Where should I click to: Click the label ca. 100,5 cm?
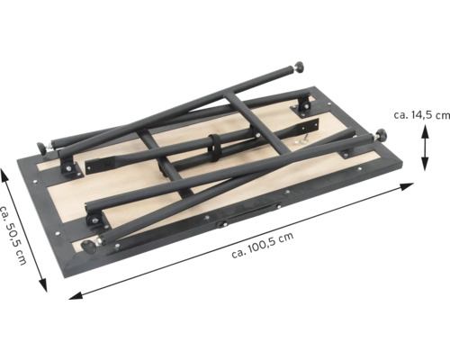[263, 245]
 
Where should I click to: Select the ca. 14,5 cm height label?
[422, 115]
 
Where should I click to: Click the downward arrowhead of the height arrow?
[425, 165]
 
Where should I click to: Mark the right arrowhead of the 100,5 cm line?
[408, 186]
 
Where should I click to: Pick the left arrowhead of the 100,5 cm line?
[76, 295]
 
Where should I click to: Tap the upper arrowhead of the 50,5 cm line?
[4, 175]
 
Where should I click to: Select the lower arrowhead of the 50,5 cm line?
[43, 285]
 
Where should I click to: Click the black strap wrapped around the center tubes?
[214, 148]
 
